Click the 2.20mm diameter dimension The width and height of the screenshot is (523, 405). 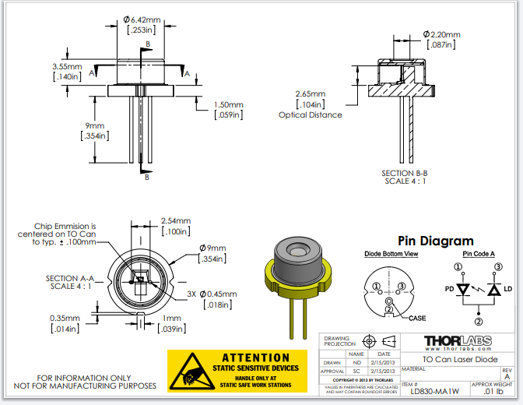pos(442,35)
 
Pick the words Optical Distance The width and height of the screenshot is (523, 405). pos(310,114)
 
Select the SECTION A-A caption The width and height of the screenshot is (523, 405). pos(70,278)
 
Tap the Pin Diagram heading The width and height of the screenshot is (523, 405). pos(435,241)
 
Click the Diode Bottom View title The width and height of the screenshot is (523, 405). pos(391,255)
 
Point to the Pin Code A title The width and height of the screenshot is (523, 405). pos(479,255)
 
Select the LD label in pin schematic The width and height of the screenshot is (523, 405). pos(509,290)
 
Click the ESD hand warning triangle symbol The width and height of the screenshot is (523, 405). pos(190,372)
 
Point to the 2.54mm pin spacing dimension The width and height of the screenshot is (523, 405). pos(174,220)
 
